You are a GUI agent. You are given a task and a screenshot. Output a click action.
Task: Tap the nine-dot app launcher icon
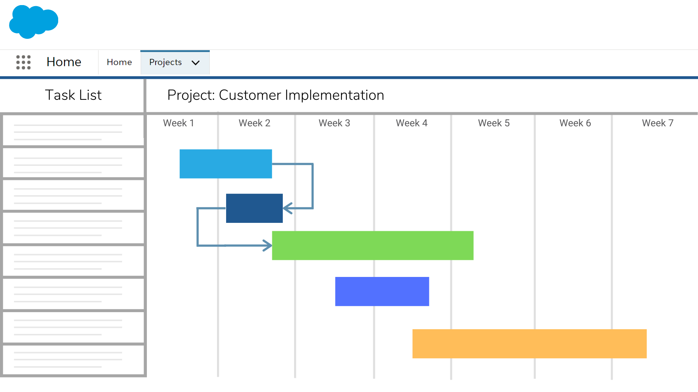(x=24, y=62)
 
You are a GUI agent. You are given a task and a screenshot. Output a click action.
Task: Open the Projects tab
(x=165, y=62)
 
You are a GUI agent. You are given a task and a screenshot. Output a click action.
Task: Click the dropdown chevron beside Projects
(x=196, y=63)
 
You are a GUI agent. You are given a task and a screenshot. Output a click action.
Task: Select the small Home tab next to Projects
(x=119, y=62)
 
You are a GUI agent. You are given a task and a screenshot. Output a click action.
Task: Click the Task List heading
(x=73, y=95)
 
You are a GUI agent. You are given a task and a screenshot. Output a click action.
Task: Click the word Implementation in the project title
(x=334, y=95)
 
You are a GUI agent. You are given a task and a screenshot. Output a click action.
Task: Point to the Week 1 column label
(x=178, y=123)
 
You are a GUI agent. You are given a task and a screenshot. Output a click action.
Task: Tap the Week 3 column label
(x=334, y=123)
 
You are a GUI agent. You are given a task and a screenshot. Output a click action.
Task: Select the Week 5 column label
(x=494, y=123)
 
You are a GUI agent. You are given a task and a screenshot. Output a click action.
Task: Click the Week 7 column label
(x=657, y=123)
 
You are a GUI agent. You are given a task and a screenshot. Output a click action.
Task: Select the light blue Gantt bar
(x=225, y=164)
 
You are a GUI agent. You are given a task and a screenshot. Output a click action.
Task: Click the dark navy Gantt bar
(x=254, y=208)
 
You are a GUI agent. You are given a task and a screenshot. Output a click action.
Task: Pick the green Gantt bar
(x=373, y=245)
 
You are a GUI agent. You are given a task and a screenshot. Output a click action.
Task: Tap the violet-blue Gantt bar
(x=382, y=291)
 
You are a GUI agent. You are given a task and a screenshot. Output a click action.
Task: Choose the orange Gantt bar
(x=529, y=344)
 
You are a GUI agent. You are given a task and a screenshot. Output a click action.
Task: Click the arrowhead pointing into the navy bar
(x=287, y=208)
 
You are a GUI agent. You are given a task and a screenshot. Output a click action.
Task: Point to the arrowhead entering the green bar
(x=268, y=246)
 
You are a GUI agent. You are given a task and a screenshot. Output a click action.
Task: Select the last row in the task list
(x=73, y=360)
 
